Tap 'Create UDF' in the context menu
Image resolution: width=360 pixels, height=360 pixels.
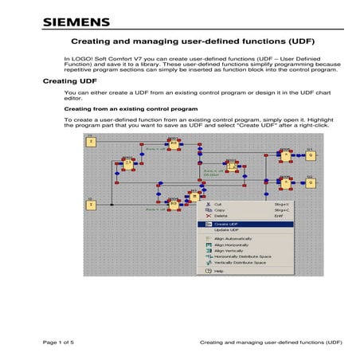point(227,224)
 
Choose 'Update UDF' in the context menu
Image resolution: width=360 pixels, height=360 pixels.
point(227,230)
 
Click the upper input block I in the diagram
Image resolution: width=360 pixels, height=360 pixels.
point(91,141)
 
